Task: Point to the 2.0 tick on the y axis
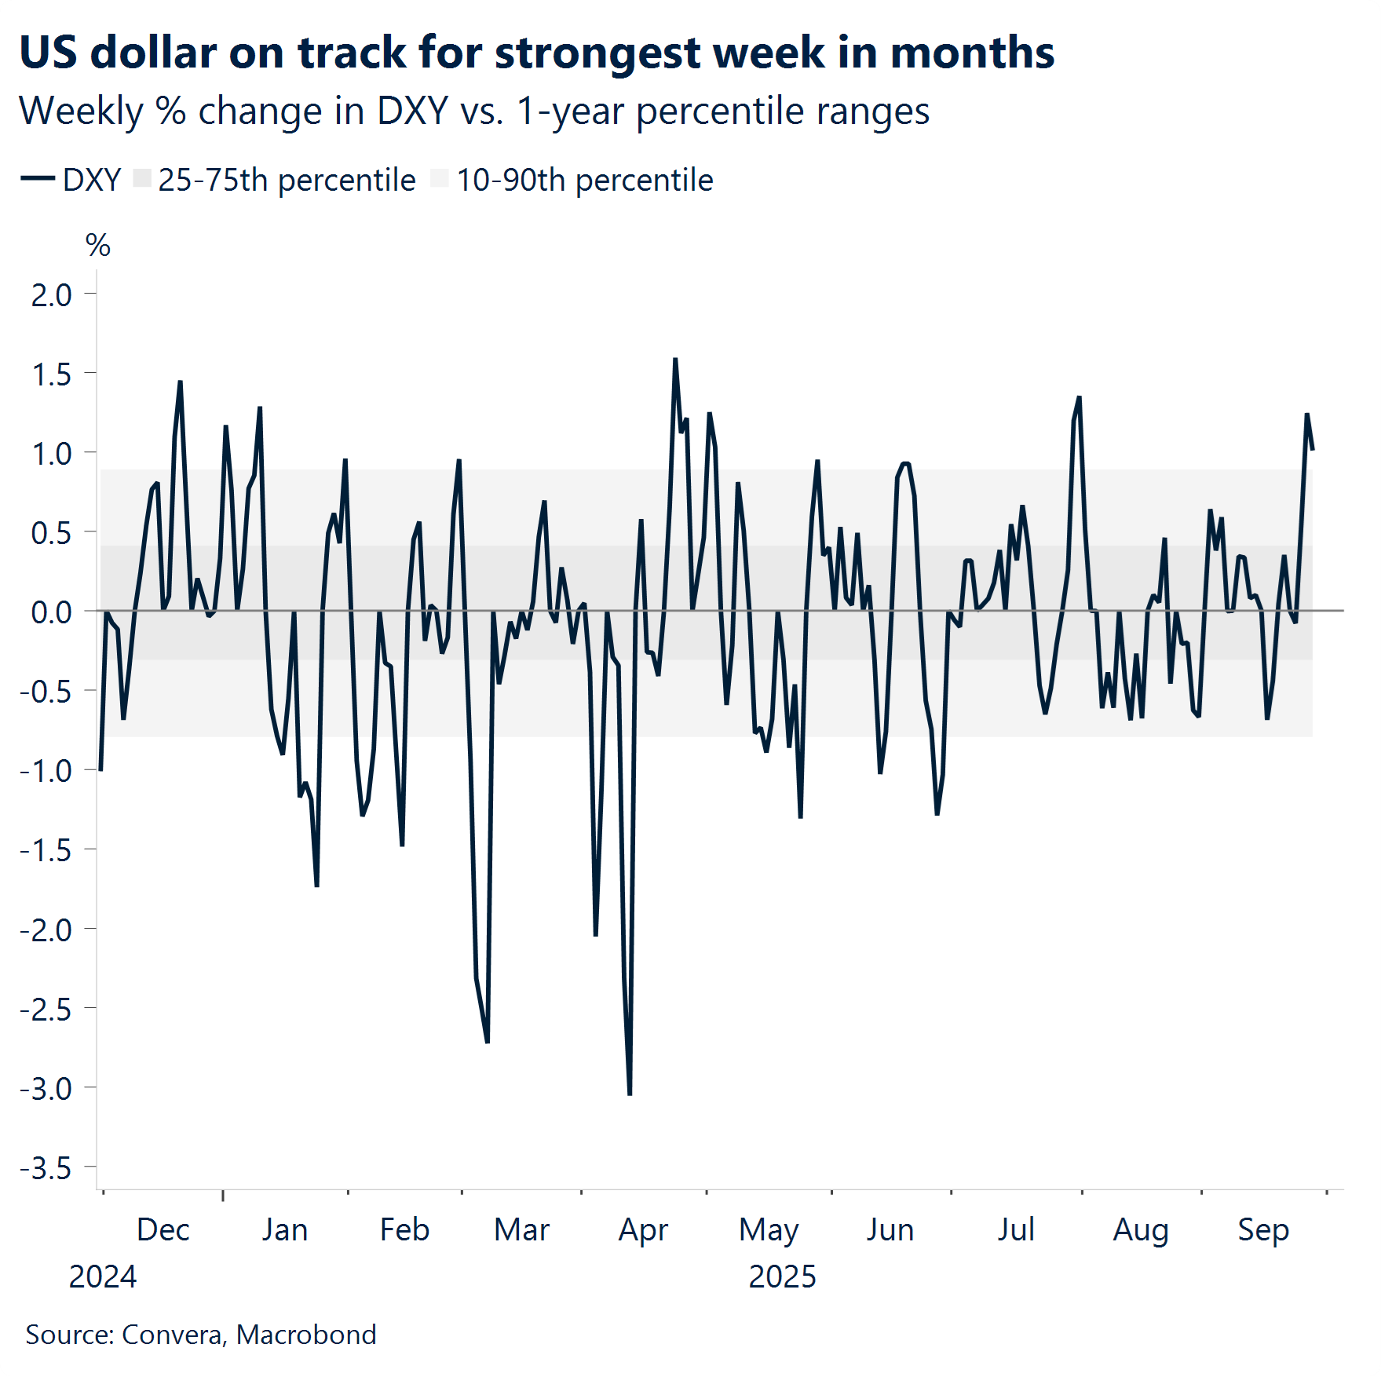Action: click(x=52, y=295)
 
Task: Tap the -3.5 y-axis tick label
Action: click(x=46, y=1168)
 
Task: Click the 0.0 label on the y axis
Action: click(x=52, y=612)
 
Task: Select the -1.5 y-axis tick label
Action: click(x=46, y=850)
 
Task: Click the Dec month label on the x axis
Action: click(x=163, y=1229)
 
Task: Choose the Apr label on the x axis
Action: click(x=643, y=1229)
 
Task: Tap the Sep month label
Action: click(x=1263, y=1229)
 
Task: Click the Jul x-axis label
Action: click(x=1016, y=1229)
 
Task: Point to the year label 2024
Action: click(x=103, y=1277)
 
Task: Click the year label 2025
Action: click(x=782, y=1277)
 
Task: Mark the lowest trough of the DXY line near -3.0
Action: click(x=630, y=1094)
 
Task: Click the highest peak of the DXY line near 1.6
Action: click(x=675, y=360)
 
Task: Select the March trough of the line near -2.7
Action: click(x=487, y=1042)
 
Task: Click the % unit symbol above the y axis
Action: click(x=98, y=246)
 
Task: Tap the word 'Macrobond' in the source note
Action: click(x=306, y=1335)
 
